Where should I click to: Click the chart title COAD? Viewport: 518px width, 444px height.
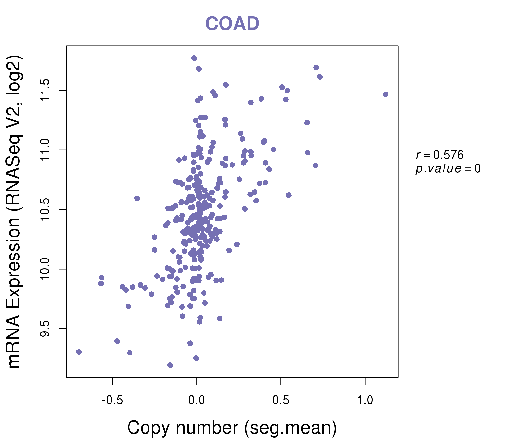coord(232,24)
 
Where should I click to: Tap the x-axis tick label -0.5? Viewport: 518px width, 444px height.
coord(112,400)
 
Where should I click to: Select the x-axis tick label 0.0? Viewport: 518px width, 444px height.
coord(197,400)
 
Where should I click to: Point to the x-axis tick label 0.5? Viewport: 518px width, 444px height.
coord(281,400)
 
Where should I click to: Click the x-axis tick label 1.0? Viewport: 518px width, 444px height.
coord(365,400)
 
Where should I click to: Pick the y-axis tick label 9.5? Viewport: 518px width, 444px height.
coord(45,329)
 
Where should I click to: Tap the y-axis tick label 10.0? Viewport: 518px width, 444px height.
coord(45,269)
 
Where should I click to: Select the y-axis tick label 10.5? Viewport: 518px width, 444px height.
coord(45,210)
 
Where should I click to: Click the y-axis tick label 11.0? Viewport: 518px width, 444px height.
coord(45,150)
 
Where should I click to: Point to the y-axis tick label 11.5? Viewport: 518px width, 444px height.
coord(45,91)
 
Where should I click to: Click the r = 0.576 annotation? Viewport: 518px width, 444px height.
coord(440,155)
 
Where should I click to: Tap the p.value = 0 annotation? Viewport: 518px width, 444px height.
coord(448,169)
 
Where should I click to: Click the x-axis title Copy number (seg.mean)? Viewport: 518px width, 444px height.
coord(232,428)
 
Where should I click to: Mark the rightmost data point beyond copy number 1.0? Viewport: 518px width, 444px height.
coord(386,94)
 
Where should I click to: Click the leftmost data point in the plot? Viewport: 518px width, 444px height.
coord(79,352)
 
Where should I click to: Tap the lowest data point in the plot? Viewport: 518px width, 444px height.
coord(170,365)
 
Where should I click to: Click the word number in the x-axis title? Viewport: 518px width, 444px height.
coord(207,428)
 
